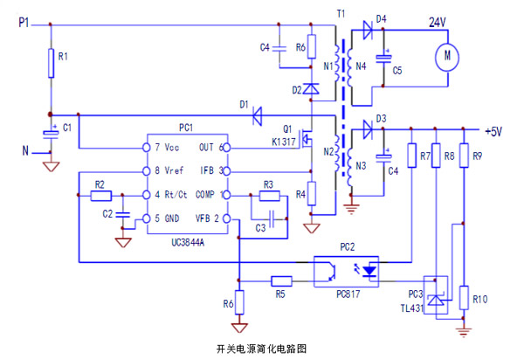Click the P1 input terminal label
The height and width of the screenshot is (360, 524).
click(x=25, y=22)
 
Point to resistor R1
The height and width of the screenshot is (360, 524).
click(x=52, y=61)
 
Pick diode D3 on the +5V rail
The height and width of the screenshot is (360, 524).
click(x=368, y=130)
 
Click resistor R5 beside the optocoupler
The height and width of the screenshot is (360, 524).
click(x=281, y=280)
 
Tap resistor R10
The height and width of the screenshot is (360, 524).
click(x=465, y=299)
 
